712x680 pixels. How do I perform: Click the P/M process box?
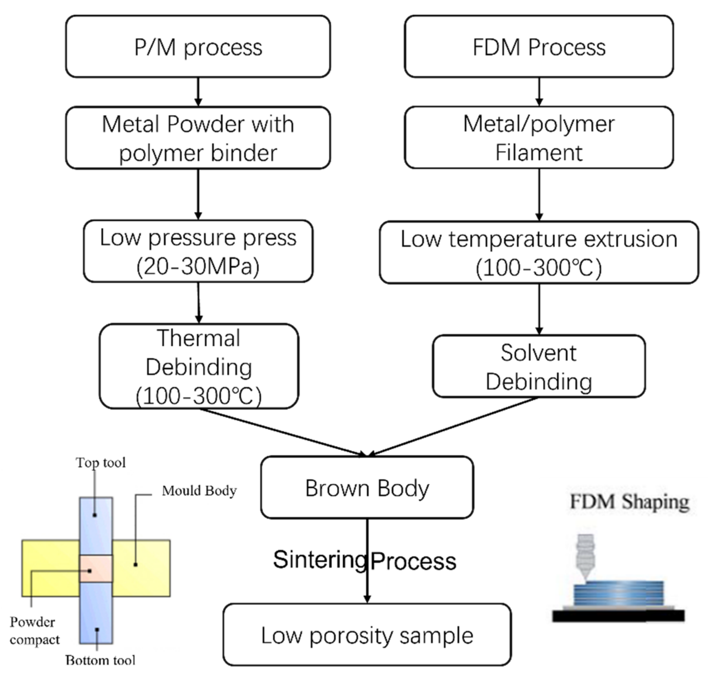[x=198, y=46]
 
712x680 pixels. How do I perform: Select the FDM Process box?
[x=539, y=46]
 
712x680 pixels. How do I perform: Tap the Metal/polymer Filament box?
[x=539, y=137]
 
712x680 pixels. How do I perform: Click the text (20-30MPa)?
[x=198, y=266]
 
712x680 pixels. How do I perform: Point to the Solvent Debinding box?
[x=539, y=366]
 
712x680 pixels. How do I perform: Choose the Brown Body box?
[x=367, y=488]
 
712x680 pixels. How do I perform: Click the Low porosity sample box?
[x=367, y=635]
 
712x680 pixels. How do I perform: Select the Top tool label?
[x=101, y=463]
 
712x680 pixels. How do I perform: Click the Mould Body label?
[x=199, y=491]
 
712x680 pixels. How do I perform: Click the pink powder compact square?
[x=96, y=568]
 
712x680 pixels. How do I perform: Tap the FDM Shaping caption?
[x=629, y=502]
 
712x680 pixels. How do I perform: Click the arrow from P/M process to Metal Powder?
[x=198, y=92]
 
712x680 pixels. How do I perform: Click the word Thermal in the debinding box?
[x=198, y=338]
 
